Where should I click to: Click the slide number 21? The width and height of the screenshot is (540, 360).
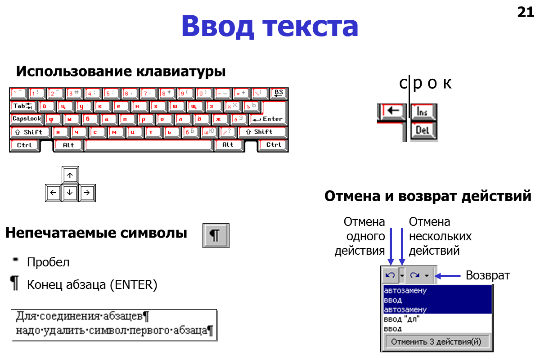coord(525,13)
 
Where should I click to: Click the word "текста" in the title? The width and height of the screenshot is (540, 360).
coord(311,27)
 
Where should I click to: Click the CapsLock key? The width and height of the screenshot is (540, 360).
coord(27,119)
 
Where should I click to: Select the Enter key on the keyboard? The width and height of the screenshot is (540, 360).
coord(269,119)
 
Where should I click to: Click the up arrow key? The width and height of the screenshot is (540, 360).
coord(70,175)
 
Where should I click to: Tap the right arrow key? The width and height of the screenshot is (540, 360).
coord(87,193)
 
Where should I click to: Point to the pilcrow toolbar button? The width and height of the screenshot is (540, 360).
coord(216,235)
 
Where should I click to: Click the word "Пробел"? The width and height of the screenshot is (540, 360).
coord(48,262)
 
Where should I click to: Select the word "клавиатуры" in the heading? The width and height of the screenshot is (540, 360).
coord(180,72)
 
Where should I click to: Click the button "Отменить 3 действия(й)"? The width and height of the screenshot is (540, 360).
coord(436,342)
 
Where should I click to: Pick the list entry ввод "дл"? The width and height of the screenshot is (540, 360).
coord(401,319)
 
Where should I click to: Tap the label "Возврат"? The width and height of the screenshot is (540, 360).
coord(488,275)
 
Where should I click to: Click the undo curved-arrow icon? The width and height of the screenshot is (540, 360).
coord(390,275)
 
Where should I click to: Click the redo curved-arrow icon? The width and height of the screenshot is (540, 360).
coord(415,275)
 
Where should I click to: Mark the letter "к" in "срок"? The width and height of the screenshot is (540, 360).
coord(446,84)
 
